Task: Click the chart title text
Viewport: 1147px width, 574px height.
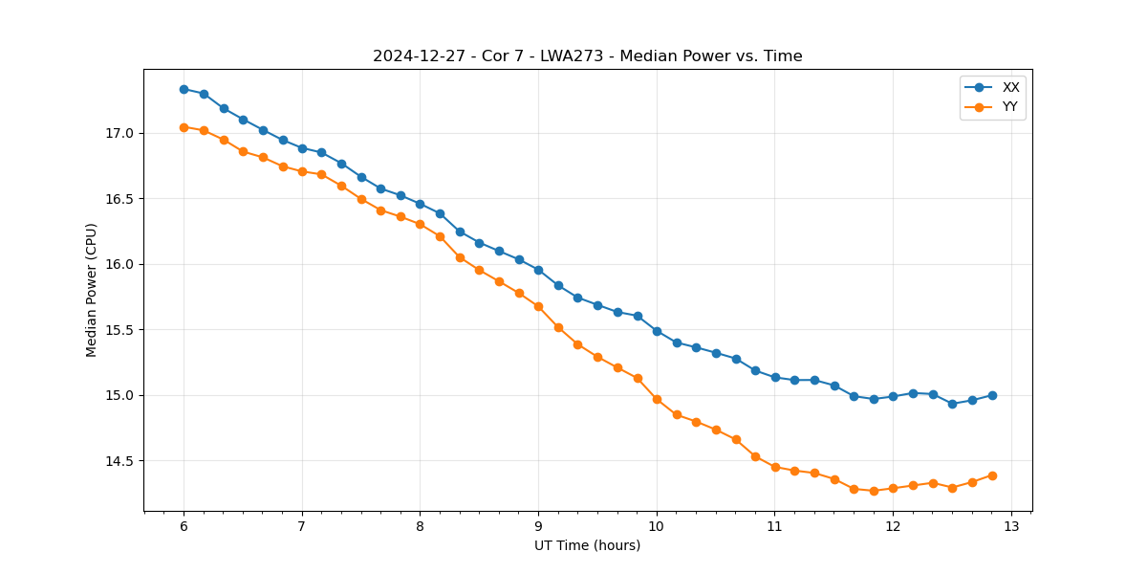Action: coord(587,56)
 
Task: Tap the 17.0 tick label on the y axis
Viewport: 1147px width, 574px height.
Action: coord(121,133)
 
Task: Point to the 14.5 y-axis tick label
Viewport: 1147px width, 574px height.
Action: coord(121,461)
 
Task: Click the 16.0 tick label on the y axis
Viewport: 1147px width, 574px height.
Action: coord(121,264)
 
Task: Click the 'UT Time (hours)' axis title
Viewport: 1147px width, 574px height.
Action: coord(587,545)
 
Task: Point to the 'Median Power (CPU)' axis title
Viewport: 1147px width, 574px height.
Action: coord(92,290)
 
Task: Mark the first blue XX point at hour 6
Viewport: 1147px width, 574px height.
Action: coord(184,89)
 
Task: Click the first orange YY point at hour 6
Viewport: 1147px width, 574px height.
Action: coord(184,127)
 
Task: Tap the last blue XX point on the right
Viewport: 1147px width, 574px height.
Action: coord(992,395)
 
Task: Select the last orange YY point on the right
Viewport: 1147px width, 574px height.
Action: coord(992,475)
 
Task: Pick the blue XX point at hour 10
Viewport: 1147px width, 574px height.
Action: coord(657,331)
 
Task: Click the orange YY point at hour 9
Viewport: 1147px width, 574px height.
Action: coord(538,306)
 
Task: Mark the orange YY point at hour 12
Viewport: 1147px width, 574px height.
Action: coord(893,488)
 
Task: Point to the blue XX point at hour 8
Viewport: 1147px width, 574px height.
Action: coord(420,204)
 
